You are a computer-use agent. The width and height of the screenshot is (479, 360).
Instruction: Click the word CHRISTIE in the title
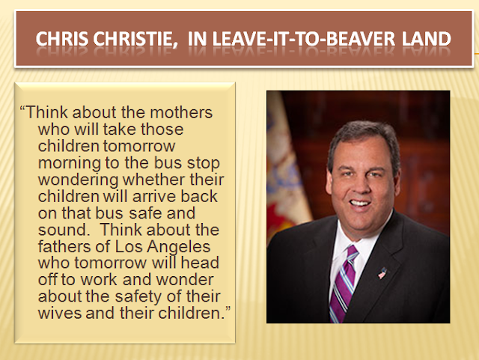pos(135,39)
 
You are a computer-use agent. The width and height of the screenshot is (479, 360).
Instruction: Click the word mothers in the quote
pos(181,112)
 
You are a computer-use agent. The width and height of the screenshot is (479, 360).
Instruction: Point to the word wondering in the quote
pos(78,180)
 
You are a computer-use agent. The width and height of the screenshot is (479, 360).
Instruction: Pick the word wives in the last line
pos(60,314)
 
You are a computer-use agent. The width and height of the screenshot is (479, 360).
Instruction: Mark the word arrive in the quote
pos(154,197)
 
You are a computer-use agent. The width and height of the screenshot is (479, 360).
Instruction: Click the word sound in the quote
pos(63,230)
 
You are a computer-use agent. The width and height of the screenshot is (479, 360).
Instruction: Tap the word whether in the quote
pos(154,180)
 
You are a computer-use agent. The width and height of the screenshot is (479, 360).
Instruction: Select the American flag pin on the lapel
pos(382,273)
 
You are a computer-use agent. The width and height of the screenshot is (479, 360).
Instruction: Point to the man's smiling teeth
pos(360,203)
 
